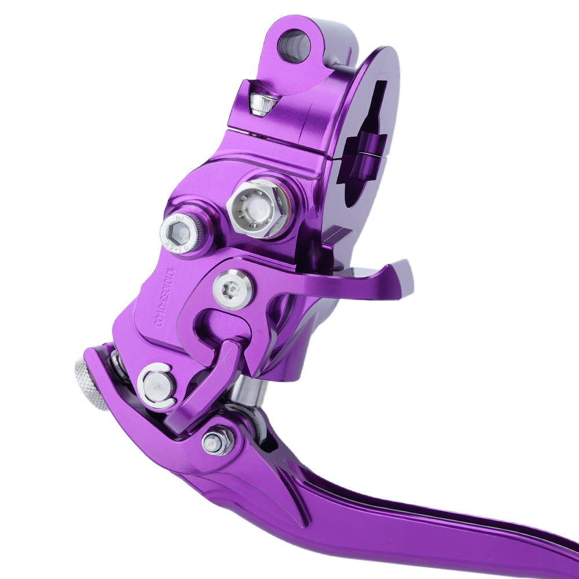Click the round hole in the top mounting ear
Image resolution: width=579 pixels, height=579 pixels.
(294, 46)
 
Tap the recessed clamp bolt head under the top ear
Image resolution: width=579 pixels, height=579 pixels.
(263, 103)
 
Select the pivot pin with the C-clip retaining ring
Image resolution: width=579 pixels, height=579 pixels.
(157, 386)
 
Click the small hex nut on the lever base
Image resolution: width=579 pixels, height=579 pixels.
(218, 442)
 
